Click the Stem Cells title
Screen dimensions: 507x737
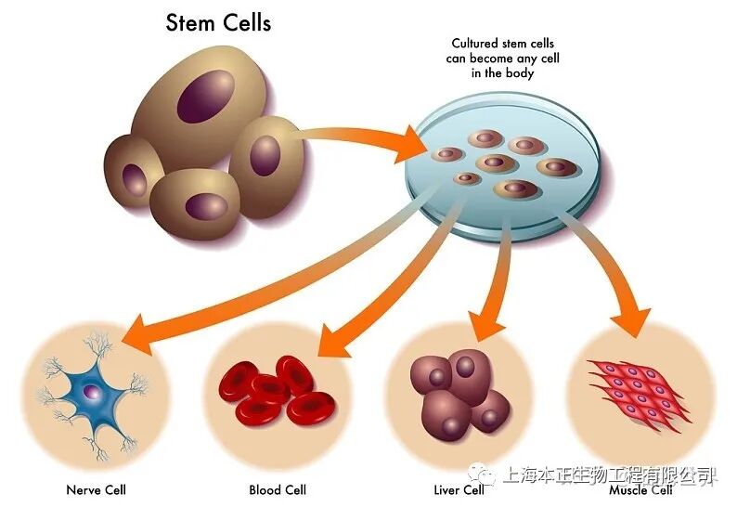tap(218, 21)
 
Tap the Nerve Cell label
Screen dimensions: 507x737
tap(96, 489)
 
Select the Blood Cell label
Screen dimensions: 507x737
tap(277, 489)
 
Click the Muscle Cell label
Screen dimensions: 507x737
tap(640, 489)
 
